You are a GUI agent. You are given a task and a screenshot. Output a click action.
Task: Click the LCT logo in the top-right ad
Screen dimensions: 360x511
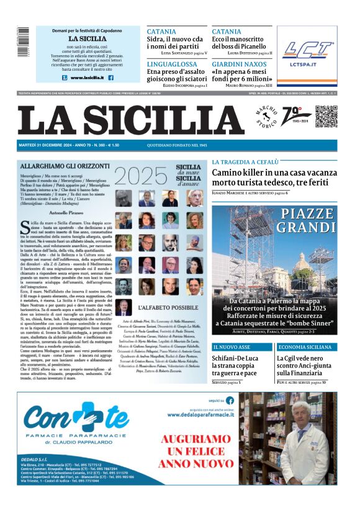[307, 52]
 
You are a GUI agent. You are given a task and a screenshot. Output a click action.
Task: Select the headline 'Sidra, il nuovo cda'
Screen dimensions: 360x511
[175, 40]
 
